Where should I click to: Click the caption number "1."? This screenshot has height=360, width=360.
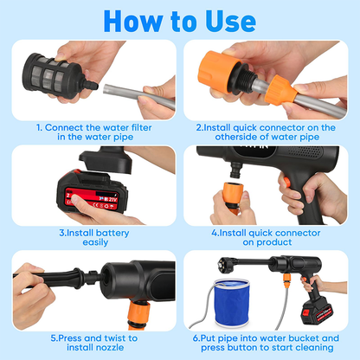click(x=39, y=126)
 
